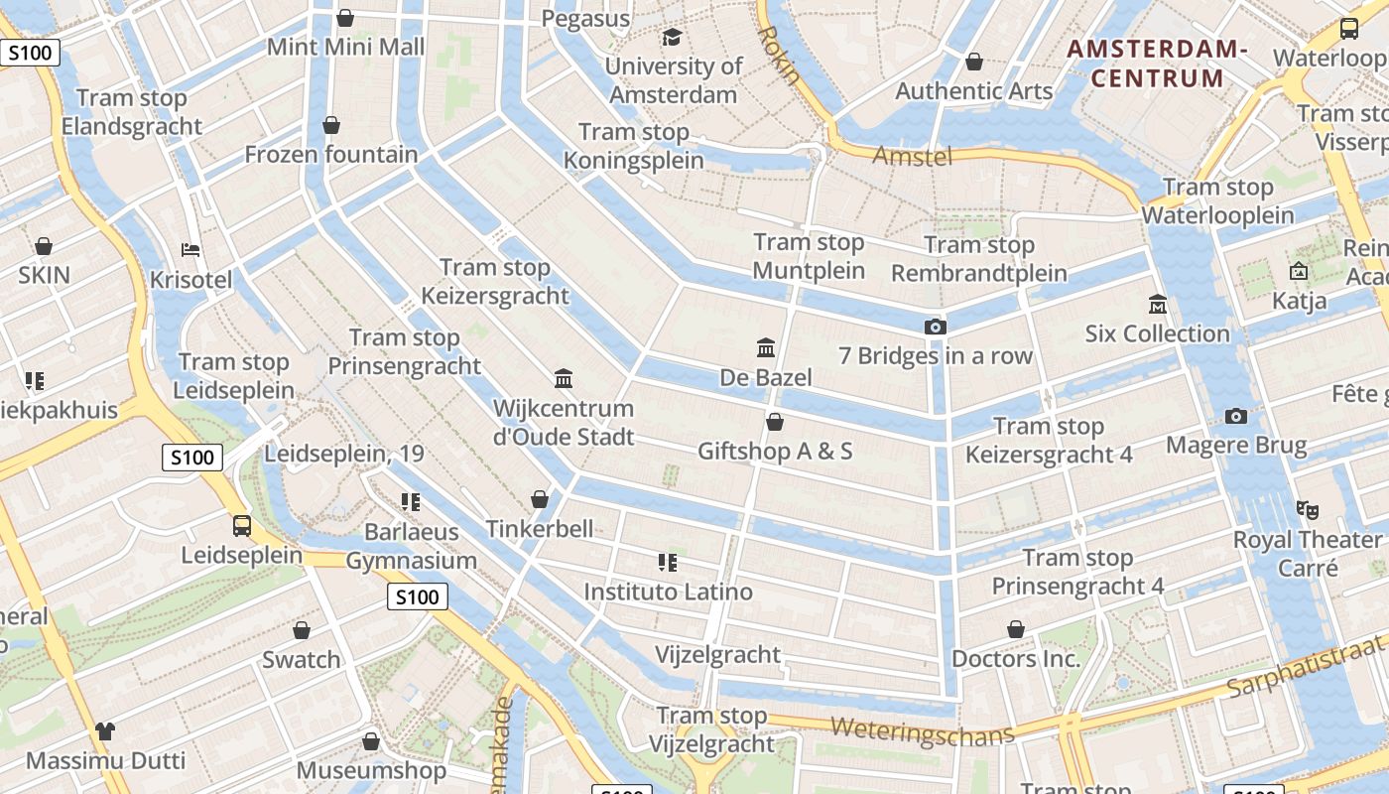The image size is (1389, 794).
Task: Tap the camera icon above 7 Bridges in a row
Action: [935, 327]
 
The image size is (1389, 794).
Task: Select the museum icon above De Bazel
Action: [766, 348]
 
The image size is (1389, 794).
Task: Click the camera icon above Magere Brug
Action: [1235, 416]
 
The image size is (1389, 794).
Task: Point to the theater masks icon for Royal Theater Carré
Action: [1307, 510]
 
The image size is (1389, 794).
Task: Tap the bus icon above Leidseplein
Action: [241, 525]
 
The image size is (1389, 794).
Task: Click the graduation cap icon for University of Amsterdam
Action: [672, 38]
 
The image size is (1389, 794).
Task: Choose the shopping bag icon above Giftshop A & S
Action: [775, 423]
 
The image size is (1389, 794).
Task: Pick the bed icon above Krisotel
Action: [190, 250]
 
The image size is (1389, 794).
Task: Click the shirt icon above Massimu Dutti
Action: [105, 732]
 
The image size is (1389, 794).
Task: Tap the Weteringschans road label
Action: [922, 730]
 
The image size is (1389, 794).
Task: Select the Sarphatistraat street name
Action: [1307, 671]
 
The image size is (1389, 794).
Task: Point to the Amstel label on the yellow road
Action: [912, 155]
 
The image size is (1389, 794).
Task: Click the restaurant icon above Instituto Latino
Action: [667, 563]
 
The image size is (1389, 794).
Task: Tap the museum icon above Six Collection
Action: [1157, 304]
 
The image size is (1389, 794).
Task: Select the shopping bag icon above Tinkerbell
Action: [540, 499]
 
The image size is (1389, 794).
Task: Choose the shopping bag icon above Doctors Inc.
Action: [1015, 629]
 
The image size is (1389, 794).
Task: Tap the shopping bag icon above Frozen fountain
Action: [331, 125]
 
